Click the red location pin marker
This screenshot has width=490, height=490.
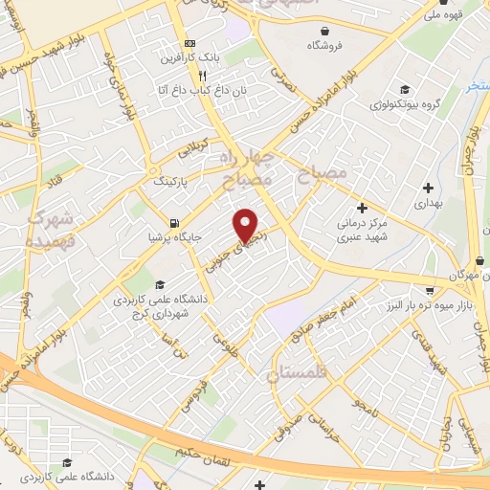point(246,225)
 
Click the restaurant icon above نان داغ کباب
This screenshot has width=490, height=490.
point(202,76)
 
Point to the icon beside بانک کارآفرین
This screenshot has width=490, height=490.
point(189,44)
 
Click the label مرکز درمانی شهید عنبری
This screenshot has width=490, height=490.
point(364,230)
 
